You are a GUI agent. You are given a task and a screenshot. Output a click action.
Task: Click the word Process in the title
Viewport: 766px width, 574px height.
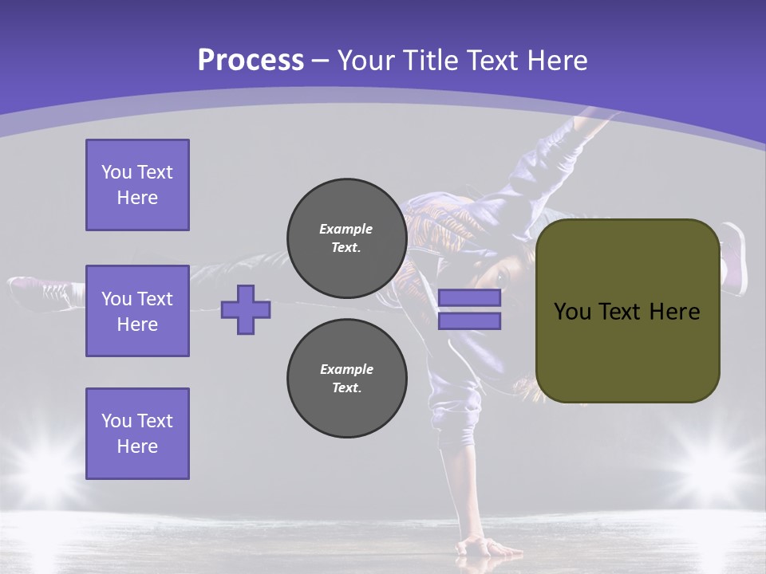click(x=251, y=61)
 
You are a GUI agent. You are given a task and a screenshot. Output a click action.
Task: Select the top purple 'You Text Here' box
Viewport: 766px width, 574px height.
click(x=137, y=185)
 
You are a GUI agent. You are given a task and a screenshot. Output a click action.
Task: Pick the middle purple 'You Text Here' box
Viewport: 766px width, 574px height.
click(x=137, y=311)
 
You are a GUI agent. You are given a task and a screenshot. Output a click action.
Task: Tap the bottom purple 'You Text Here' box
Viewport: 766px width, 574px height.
click(x=137, y=433)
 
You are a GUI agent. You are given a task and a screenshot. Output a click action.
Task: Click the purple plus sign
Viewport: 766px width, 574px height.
click(x=246, y=309)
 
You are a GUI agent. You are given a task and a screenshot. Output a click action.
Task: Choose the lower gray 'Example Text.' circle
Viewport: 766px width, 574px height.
click(x=346, y=378)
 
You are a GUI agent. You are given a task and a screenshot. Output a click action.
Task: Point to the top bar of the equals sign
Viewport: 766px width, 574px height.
click(x=469, y=297)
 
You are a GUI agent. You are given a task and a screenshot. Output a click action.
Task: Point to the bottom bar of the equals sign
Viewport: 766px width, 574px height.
click(x=469, y=321)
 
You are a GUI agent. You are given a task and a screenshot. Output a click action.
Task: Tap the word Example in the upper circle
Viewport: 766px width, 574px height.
click(x=346, y=229)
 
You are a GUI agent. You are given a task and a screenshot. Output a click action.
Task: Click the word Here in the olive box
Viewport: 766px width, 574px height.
click(x=674, y=312)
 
